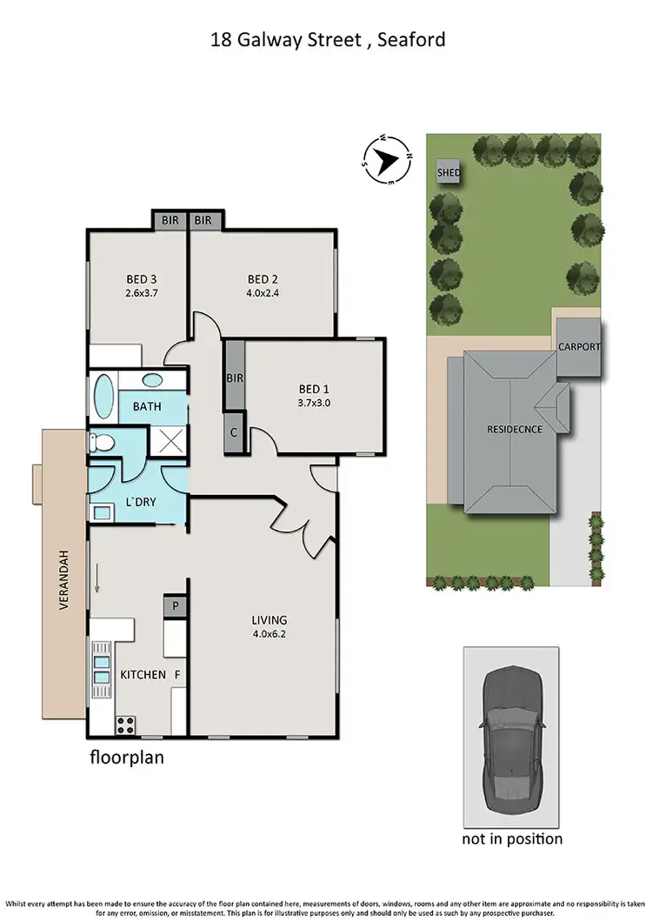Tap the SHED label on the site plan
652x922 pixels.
[449, 172]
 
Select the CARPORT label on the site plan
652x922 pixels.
[579, 347]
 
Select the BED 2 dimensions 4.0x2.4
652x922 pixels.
[263, 293]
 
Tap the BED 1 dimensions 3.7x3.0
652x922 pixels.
[315, 403]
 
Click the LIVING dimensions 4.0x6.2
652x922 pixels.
[269, 634]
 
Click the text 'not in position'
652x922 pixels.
[511, 838]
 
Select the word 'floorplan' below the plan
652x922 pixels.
[127, 758]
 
